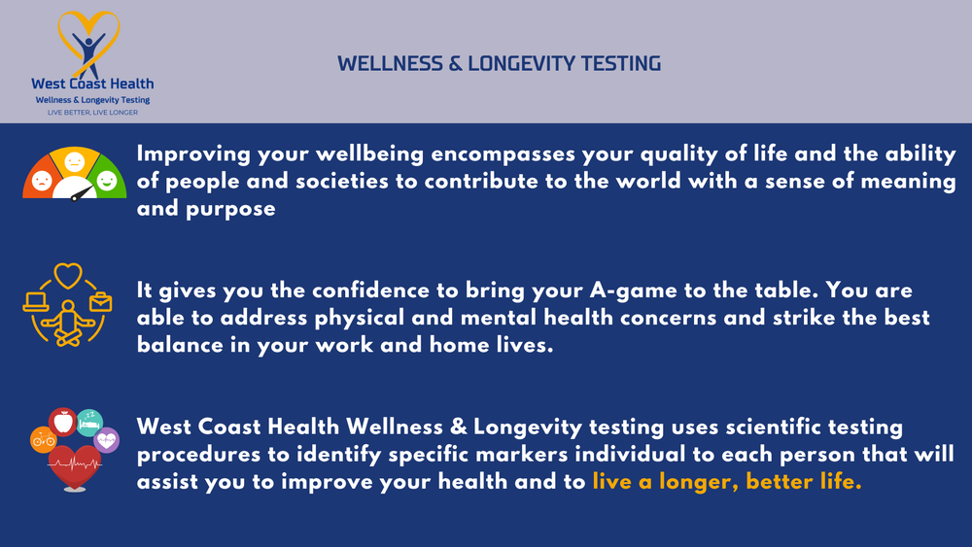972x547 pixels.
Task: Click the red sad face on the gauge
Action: (x=42, y=181)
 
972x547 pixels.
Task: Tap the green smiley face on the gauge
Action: (x=107, y=181)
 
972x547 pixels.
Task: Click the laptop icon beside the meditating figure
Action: (x=35, y=299)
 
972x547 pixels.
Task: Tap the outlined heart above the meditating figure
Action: (x=68, y=276)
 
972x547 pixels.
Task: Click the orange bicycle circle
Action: (x=44, y=440)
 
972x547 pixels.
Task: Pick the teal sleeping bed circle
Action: (x=89, y=421)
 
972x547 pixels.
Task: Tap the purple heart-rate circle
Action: (x=107, y=440)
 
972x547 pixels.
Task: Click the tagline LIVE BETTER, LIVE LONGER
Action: (x=92, y=112)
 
